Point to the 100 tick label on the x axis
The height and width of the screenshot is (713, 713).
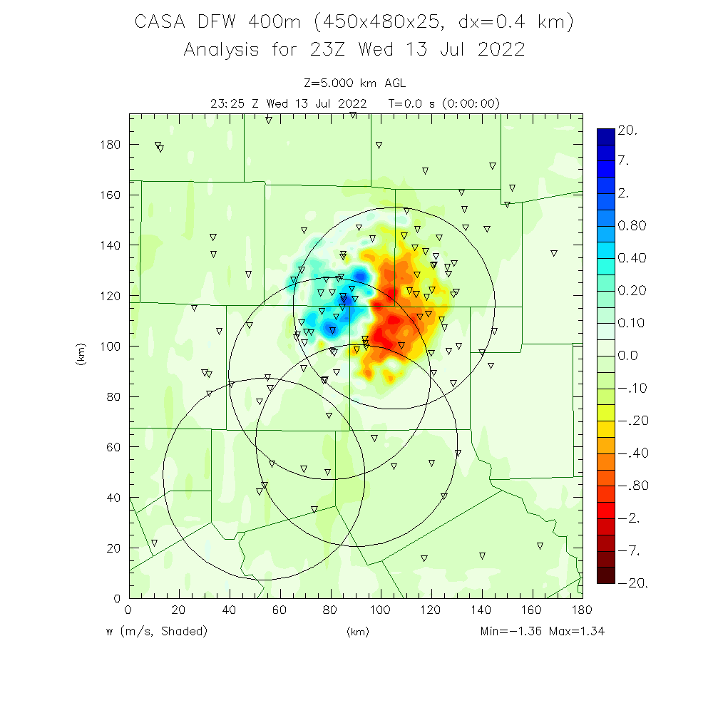[x=380, y=610]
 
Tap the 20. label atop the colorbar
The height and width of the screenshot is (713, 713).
[x=627, y=131]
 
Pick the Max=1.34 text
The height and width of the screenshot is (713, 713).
[x=581, y=632]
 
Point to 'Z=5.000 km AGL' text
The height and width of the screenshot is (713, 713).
[x=354, y=83]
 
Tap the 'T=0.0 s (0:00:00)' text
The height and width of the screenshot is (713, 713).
[x=444, y=103]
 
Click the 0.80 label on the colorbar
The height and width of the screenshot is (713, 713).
[x=632, y=226]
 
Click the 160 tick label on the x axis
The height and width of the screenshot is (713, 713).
[x=531, y=610]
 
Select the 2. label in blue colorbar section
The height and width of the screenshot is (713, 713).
[x=623, y=194]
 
